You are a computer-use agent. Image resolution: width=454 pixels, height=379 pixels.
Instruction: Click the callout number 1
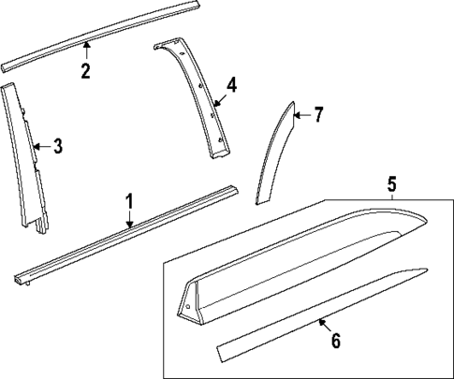pyautogui.click(x=130, y=201)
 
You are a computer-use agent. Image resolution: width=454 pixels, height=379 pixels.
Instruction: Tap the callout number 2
pyautogui.click(x=85, y=71)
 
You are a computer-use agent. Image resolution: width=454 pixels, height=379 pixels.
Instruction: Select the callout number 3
pyautogui.click(x=57, y=145)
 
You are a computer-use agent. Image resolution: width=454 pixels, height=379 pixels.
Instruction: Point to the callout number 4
pyautogui.click(x=231, y=85)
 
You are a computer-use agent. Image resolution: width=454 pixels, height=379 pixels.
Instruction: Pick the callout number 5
pyautogui.click(x=390, y=185)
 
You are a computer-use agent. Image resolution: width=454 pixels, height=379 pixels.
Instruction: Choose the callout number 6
pyautogui.click(x=335, y=341)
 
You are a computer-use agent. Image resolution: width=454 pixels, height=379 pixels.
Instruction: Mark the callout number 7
pyautogui.click(x=317, y=115)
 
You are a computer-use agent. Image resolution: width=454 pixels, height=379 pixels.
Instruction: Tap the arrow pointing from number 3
pyautogui.click(x=39, y=145)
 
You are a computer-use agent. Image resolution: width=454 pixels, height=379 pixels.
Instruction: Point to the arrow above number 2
pyautogui.click(x=85, y=49)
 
